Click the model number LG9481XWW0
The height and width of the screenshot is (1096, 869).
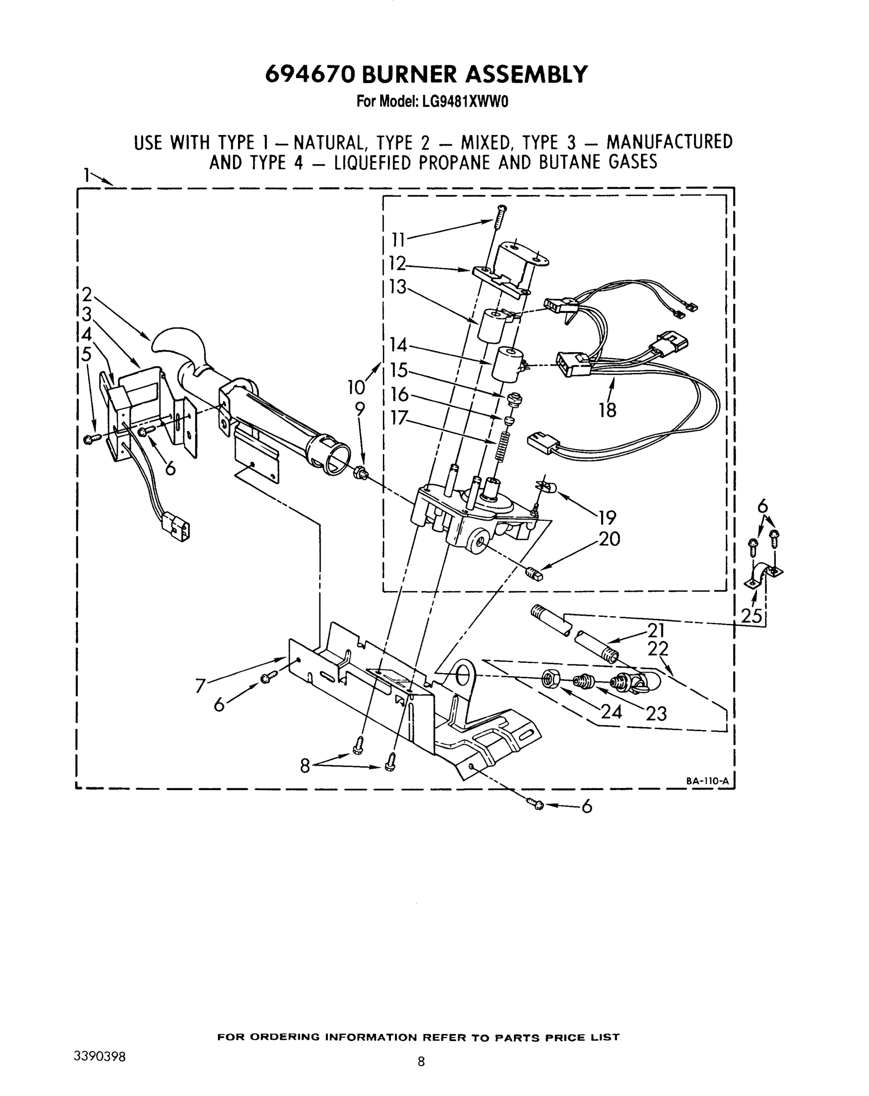pos(464,102)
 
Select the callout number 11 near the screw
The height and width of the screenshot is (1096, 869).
pos(398,239)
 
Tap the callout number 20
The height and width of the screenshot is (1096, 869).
pos(609,539)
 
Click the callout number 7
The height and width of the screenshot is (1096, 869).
pos(200,687)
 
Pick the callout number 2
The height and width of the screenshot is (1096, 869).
pos(87,295)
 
